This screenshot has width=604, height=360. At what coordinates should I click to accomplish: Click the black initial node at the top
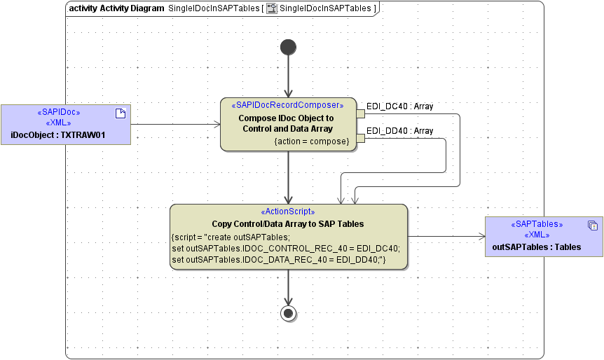[x=288, y=47]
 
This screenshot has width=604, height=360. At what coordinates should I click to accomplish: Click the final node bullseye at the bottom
[x=288, y=312]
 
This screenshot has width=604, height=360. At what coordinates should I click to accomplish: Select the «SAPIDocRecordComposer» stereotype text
[x=287, y=105]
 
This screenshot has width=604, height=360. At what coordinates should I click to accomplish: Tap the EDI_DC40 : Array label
[x=399, y=106]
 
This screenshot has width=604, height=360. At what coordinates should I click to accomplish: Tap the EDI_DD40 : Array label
[x=399, y=131]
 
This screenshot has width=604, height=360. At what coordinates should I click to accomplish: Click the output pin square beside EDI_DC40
[x=361, y=113]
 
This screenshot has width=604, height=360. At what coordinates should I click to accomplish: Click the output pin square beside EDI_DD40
[x=361, y=138]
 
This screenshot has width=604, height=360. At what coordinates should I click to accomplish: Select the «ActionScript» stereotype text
[x=288, y=212]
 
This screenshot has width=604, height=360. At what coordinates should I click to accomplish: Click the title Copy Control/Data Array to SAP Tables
[x=288, y=224]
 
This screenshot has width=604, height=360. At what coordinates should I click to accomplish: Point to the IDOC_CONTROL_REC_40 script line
[x=285, y=248]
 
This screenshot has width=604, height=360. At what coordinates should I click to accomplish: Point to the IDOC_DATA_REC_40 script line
[x=279, y=260]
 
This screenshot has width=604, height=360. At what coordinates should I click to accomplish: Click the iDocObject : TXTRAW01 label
[x=58, y=134]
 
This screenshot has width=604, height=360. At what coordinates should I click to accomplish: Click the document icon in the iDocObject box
[x=120, y=113]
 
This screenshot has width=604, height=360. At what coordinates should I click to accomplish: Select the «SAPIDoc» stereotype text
[x=58, y=112]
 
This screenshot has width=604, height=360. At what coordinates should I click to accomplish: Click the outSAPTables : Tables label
[x=537, y=247]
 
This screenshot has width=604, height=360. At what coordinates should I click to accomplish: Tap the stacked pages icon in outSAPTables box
[x=592, y=226]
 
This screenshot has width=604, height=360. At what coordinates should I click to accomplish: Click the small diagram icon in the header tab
[x=271, y=8]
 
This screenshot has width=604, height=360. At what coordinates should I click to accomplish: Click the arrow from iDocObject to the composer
[x=175, y=125]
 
